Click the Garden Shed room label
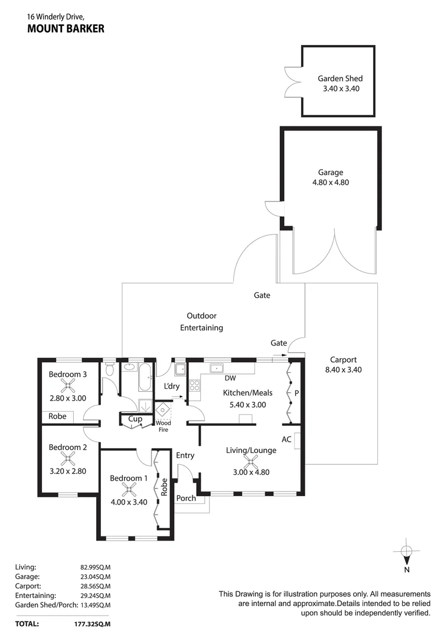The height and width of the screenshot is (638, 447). pyautogui.click(x=340, y=78)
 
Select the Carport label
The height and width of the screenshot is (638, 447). pyautogui.click(x=342, y=359)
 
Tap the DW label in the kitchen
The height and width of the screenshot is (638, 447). pyautogui.click(x=230, y=378)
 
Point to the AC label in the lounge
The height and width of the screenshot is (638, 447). pyautogui.click(x=286, y=440)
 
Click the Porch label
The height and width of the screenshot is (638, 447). pyautogui.click(x=186, y=498)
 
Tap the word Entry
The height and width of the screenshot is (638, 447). pyautogui.click(x=185, y=455)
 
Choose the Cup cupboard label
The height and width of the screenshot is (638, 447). pyautogui.click(x=135, y=419)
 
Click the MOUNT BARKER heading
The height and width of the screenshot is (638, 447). pyautogui.click(x=66, y=28)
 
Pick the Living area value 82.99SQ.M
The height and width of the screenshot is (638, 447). pyautogui.click(x=95, y=567)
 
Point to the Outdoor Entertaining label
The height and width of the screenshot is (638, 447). pyautogui.click(x=201, y=322)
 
